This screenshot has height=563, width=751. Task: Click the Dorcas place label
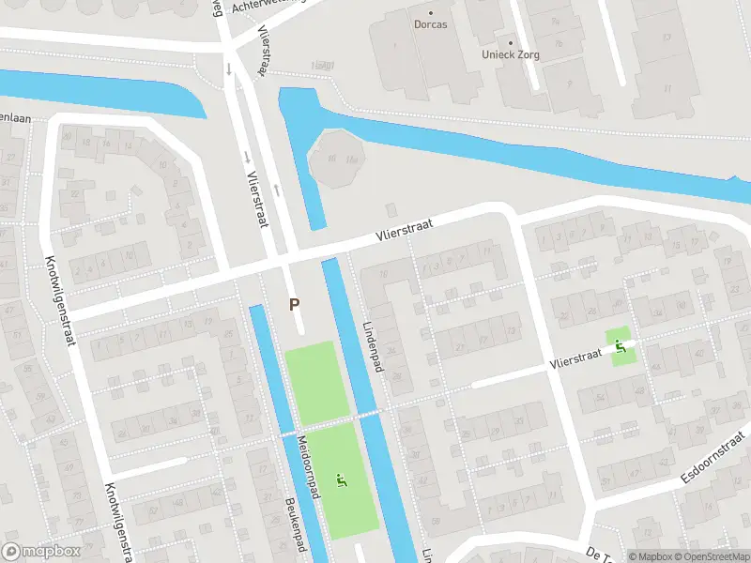[x=431, y=25]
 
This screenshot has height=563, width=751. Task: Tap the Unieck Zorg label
[x=512, y=55]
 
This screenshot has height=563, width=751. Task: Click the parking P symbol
[x=295, y=304]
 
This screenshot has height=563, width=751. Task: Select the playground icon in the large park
[x=340, y=481]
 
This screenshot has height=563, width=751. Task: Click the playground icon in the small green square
[x=619, y=348]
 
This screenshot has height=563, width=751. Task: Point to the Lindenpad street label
[x=373, y=347]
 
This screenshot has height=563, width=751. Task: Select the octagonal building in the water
[x=336, y=159]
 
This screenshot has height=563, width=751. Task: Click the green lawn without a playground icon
[x=310, y=381]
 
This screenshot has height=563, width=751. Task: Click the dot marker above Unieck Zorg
[x=512, y=42]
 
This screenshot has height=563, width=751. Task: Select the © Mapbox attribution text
[x=651, y=556]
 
